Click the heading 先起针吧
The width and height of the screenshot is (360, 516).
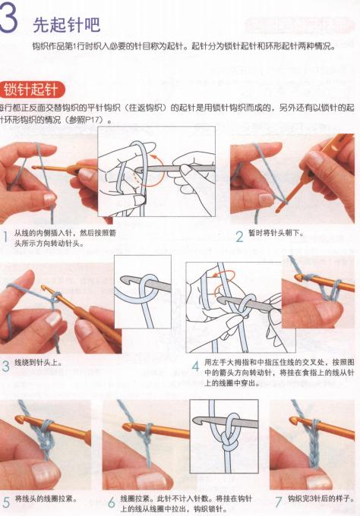click(66, 25)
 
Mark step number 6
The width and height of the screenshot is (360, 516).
click(111, 501)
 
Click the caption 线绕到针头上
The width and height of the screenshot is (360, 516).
click(38, 362)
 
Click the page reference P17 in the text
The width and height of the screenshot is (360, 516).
click(96, 121)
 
